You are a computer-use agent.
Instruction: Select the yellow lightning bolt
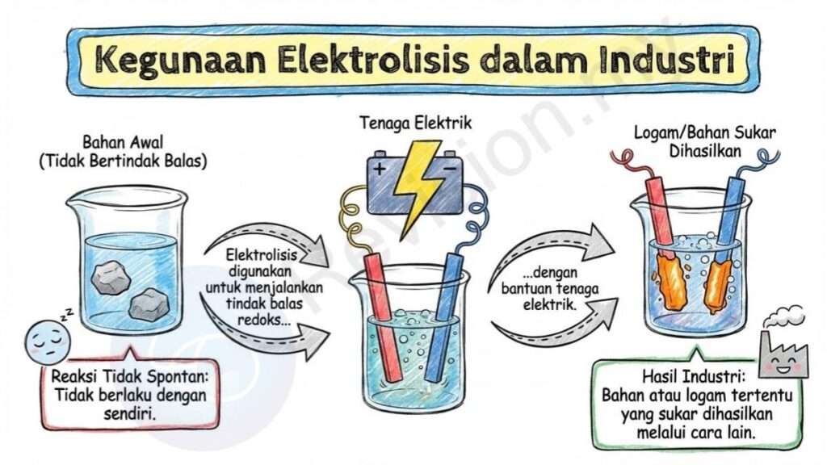(x=420, y=186)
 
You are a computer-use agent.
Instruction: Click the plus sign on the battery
(x=380, y=169)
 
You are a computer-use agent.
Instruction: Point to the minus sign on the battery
(x=449, y=169)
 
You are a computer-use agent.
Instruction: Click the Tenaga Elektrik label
(x=416, y=123)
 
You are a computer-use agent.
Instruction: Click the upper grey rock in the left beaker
(x=110, y=277)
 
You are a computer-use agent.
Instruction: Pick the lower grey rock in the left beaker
(x=149, y=304)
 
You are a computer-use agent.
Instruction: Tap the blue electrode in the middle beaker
(x=444, y=316)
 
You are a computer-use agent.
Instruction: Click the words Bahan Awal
(x=123, y=142)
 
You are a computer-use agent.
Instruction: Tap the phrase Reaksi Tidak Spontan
(x=130, y=378)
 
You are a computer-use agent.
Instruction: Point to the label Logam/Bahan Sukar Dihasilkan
(x=705, y=141)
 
